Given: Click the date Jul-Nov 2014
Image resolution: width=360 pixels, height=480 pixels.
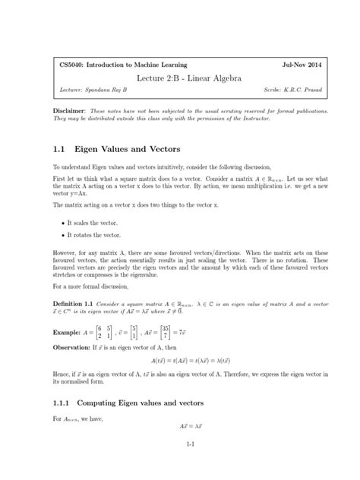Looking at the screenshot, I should [x=288, y=65].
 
